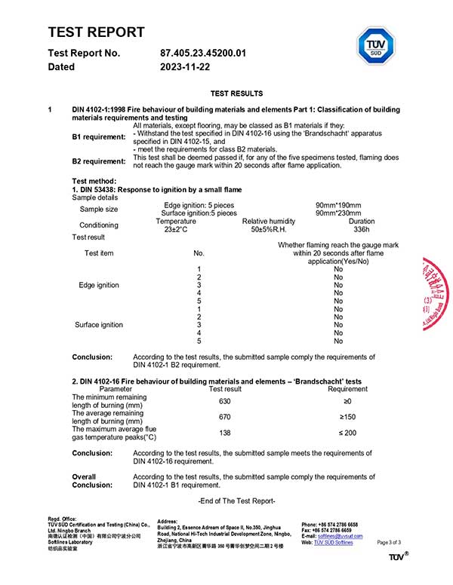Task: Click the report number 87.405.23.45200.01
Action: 203,53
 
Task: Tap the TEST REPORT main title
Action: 96,32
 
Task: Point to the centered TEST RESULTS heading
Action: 236,93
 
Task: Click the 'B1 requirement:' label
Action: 99,136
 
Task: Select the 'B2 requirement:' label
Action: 99,161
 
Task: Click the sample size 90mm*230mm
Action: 338,213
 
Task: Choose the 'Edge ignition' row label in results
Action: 99,285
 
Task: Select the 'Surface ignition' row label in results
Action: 99,325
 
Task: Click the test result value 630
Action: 225,401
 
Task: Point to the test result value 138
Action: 225,433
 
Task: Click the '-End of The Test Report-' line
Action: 236,501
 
